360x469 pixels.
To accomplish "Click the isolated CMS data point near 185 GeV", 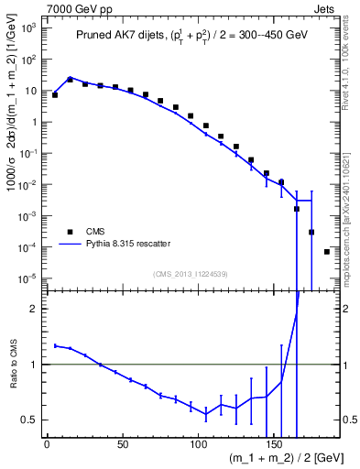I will click(x=327, y=252).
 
